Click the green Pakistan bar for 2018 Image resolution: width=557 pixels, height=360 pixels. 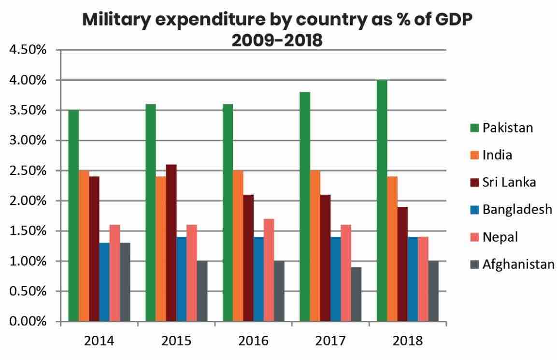[382, 201]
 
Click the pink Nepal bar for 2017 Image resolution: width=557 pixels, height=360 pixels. [346, 273]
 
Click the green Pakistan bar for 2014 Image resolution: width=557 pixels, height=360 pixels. [73, 216]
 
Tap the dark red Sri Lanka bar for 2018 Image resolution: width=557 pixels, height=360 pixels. [402, 264]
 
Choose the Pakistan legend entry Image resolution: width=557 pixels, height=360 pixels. [507, 128]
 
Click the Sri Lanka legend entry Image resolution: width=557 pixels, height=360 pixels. [509, 183]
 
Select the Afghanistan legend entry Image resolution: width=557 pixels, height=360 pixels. [518, 264]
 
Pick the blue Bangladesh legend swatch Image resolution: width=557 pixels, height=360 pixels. [474, 210]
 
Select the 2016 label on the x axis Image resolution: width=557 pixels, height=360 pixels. [253, 341]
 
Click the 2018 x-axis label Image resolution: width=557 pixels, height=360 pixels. [408, 341]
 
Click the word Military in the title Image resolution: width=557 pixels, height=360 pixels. [116, 20]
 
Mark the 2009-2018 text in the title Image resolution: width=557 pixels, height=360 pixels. [276, 40]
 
